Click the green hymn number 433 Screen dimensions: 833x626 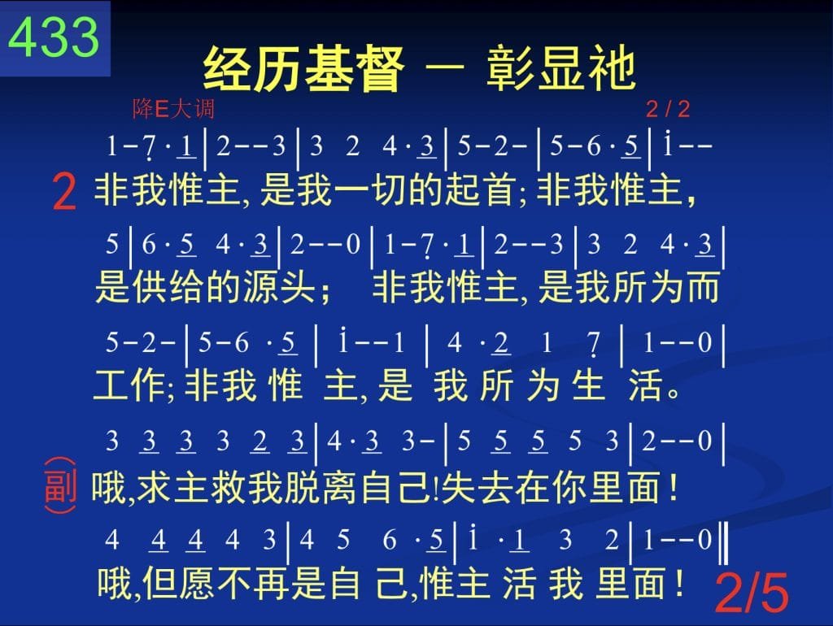(x=54, y=37)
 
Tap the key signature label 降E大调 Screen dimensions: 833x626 (x=173, y=109)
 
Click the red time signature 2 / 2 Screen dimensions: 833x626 (x=668, y=110)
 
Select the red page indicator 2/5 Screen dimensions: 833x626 (x=752, y=592)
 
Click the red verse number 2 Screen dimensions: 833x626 (x=65, y=192)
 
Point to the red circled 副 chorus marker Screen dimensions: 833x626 (x=60, y=485)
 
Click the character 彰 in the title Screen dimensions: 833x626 (x=510, y=68)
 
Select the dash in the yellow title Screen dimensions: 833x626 (x=445, y=67)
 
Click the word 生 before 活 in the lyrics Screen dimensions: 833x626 (x=588, y=385)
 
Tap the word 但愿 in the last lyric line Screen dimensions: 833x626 (x=178, y=583)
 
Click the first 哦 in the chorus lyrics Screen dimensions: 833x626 (x=109, y=488)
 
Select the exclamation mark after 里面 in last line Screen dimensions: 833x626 (x=679, y=582)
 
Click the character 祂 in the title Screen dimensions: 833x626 (x=613, y=68)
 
